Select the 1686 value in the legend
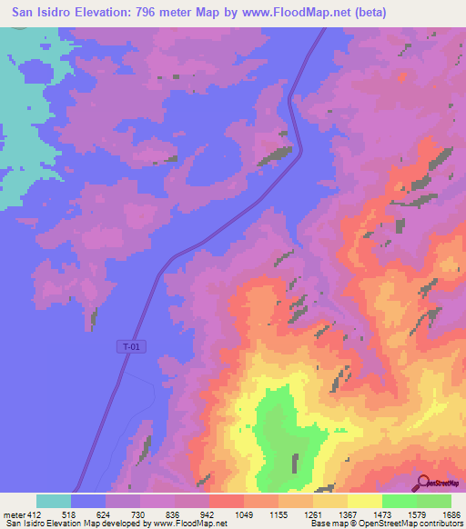pyautogui.click(x=451, y=514)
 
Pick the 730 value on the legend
pyautogui.click(x=140, y=514)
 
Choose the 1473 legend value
pyautogui.click(x=382, y=514)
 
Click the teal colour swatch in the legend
pyautogui.click(x=54, y=501)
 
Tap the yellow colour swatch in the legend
pyautogui.click(x=364, y=501)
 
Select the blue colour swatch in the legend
pyautogui.click(x=88, y=501)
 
